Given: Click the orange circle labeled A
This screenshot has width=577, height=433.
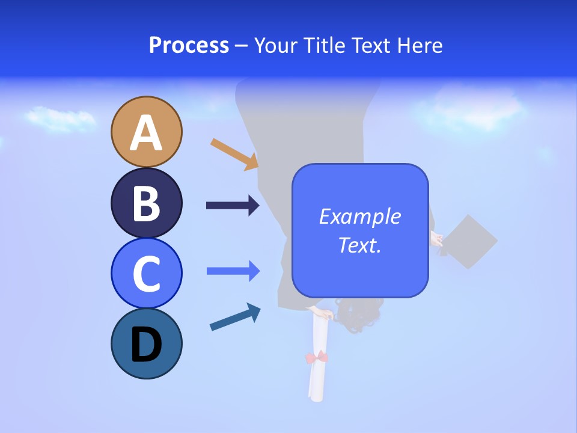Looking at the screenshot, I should (146, 132).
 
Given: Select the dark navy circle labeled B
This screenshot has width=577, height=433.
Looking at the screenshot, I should (146, 203).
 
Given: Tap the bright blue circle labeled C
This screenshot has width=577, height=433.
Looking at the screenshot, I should (146, 273).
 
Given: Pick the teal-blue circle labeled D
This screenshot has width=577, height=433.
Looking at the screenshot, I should (146, 343).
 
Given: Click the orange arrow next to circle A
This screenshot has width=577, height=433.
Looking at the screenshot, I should (234, 154).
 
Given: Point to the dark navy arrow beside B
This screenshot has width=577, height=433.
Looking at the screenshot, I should (233, 206).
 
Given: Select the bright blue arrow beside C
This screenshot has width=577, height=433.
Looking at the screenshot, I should (233, 271).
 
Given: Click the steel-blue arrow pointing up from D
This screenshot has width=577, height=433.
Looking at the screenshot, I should (235, 317).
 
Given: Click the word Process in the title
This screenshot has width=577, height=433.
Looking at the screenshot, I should (189, 45).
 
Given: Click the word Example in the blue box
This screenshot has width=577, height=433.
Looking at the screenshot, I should (359, 216).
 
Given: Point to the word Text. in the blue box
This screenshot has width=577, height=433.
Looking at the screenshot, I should (359, 245).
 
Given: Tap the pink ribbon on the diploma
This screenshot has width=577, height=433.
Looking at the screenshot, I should (317, 358).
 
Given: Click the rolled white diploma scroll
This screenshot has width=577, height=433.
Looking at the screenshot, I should (317, 379).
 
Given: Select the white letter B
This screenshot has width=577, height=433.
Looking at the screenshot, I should (146, 203).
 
